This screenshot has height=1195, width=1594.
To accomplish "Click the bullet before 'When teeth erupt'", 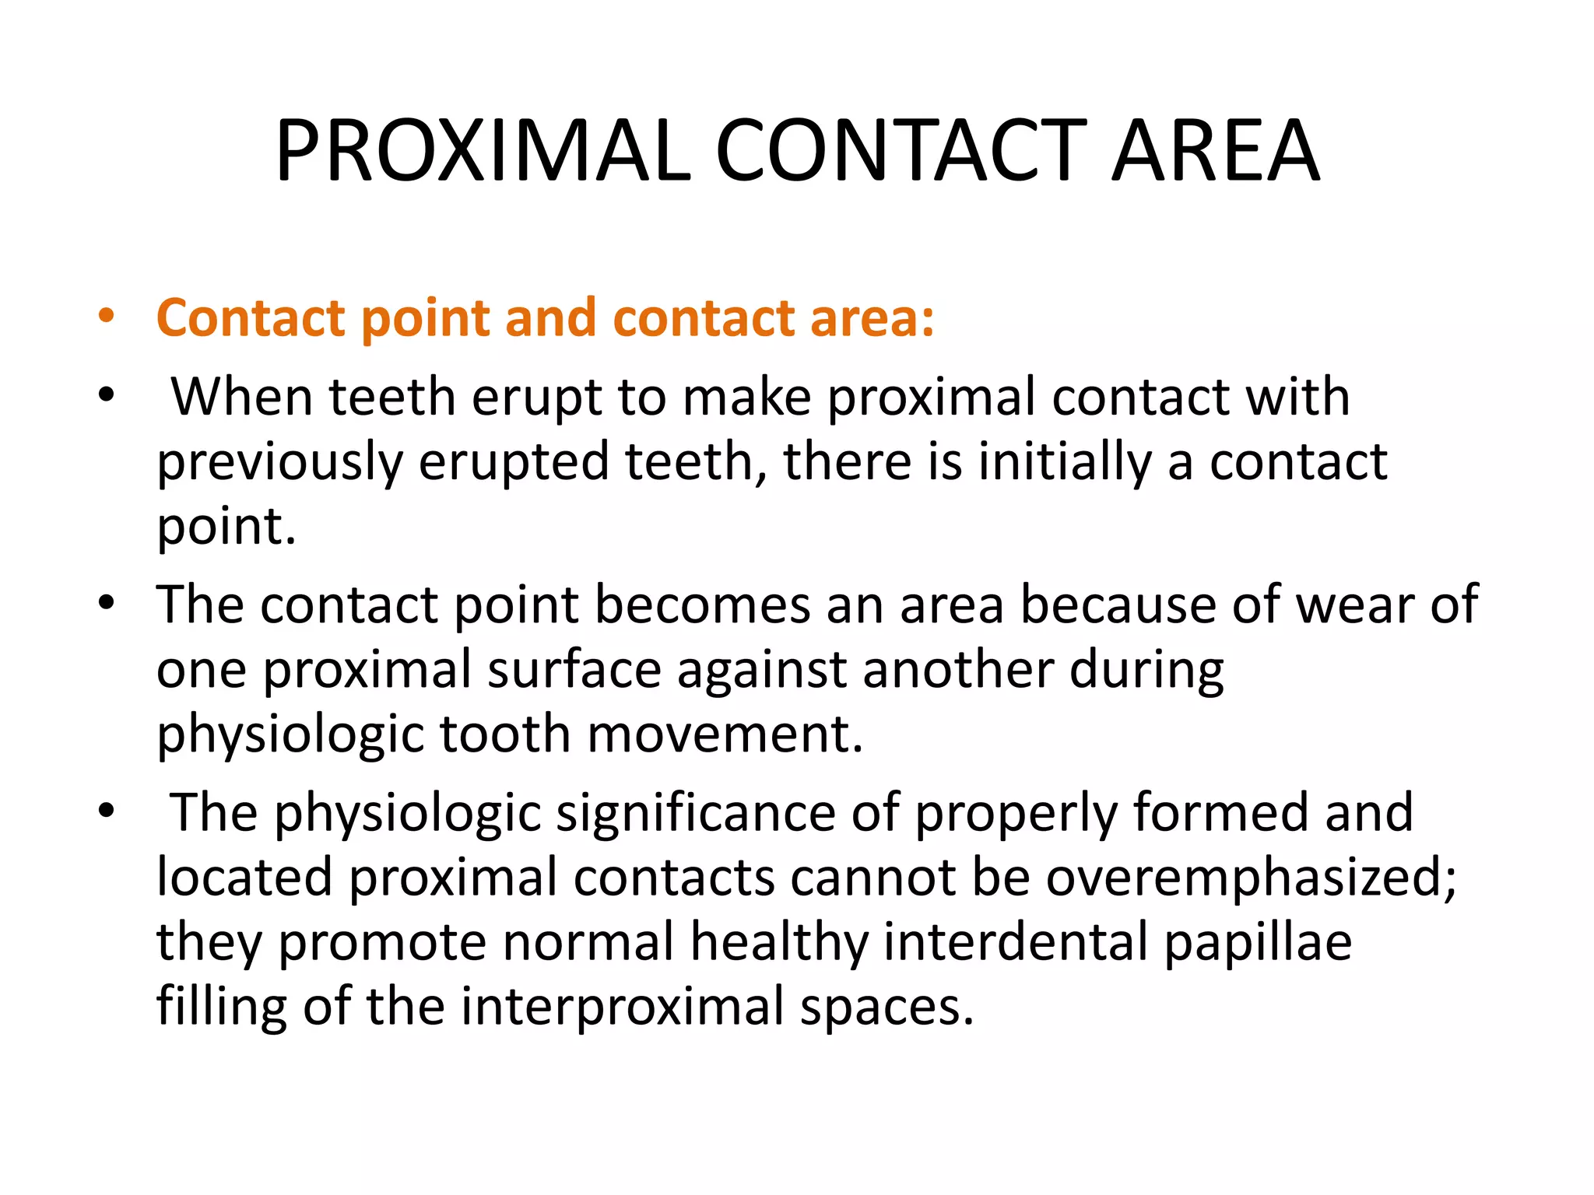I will tap(107, 395).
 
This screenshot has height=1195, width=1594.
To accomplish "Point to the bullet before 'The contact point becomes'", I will tap(107, 603).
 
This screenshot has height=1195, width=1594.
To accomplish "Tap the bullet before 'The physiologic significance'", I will tap(107, 811).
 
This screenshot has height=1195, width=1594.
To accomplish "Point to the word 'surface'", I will tap(574, 670).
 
